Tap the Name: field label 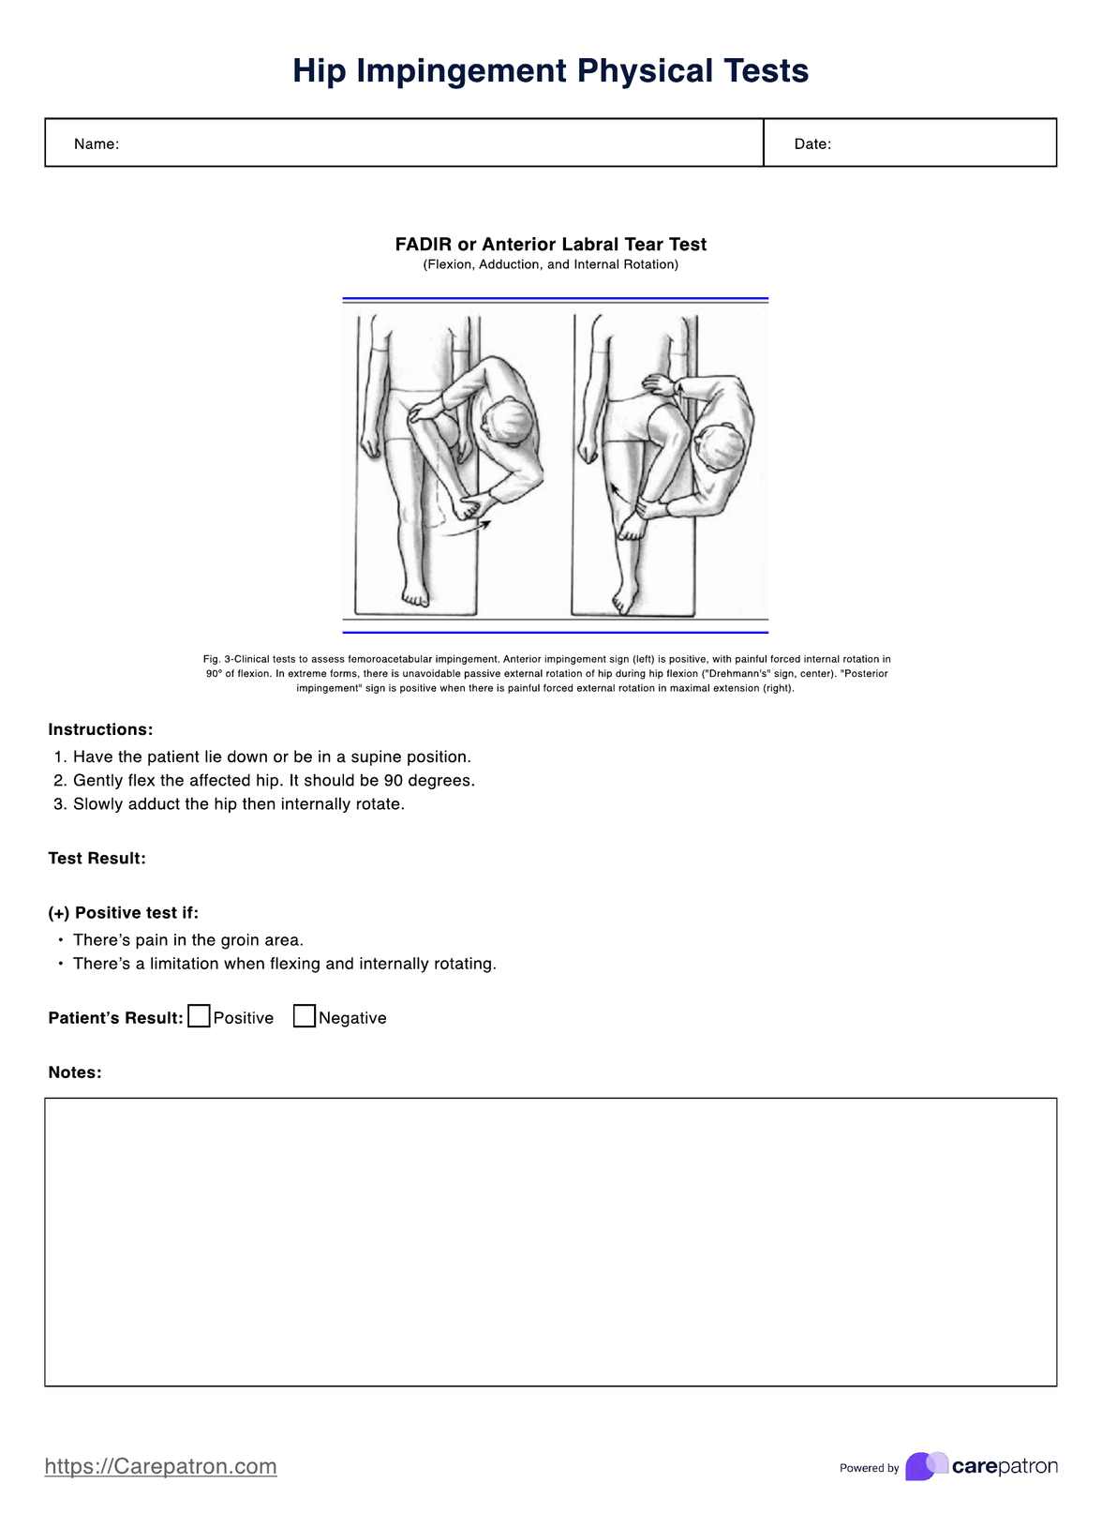[97, 144]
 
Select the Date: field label [812, 144]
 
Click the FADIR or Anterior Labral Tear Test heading [551, 245]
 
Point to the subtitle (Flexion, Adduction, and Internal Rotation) [551, 265]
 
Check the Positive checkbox [199, 1016]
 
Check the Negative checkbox [305, 1016]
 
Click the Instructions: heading [100, 729]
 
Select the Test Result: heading [97, 859]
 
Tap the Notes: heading [75, 1072]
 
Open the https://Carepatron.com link [161, 1466]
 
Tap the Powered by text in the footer [869, 1468]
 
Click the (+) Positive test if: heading [124, 913]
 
